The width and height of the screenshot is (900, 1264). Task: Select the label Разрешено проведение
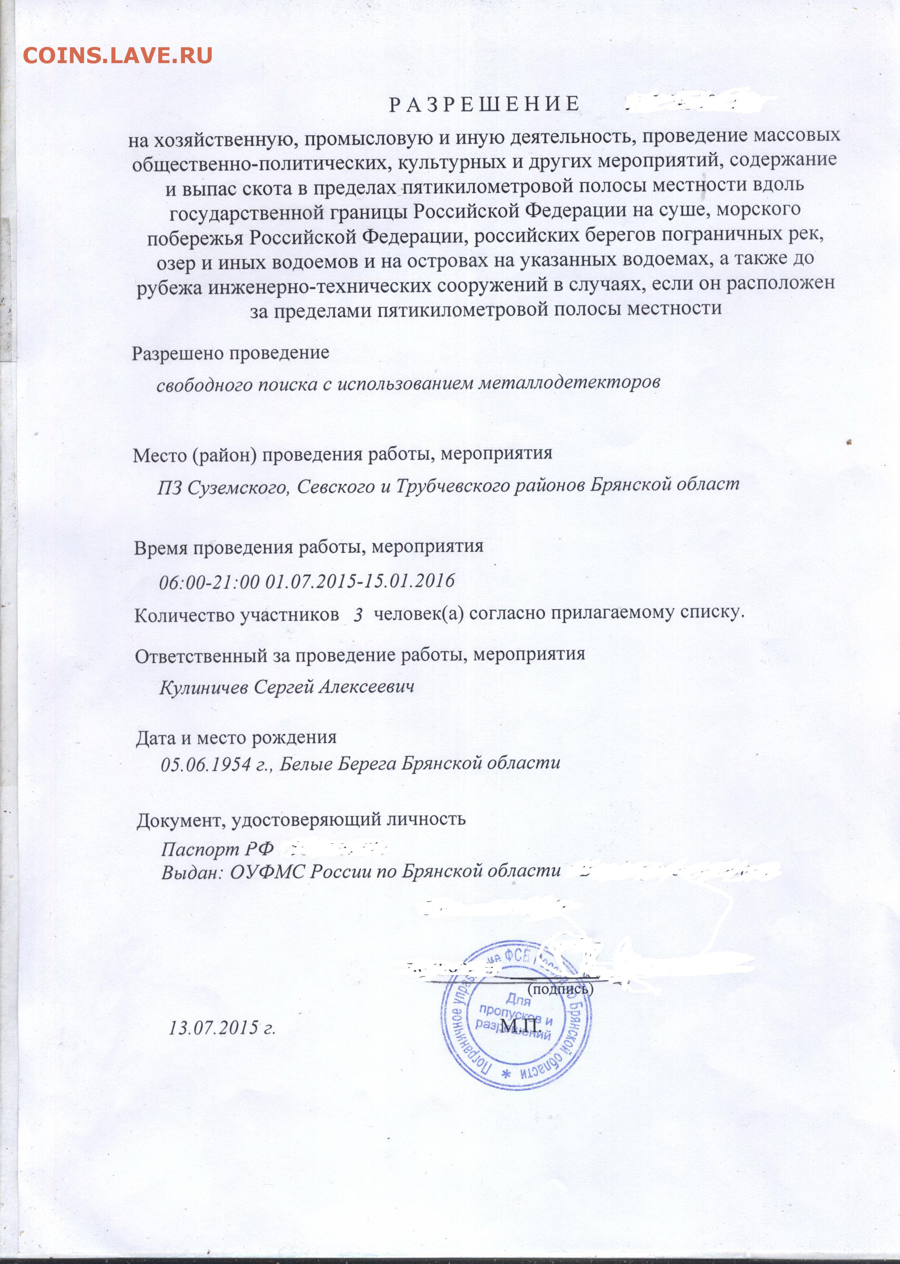click(230, 352)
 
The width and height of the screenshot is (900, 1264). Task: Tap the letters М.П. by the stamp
click(520, 1027)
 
